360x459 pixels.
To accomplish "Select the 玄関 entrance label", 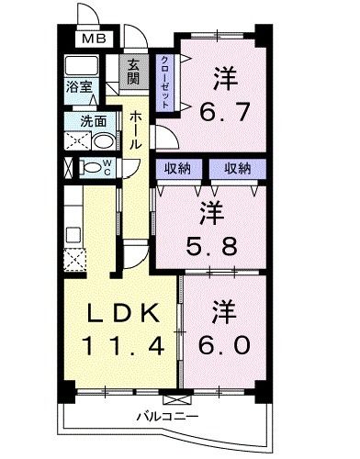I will [133, 72].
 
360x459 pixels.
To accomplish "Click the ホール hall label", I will [135, 131].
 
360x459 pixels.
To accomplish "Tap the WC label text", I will [107, 167].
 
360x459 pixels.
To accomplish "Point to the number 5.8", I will [209, 245].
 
